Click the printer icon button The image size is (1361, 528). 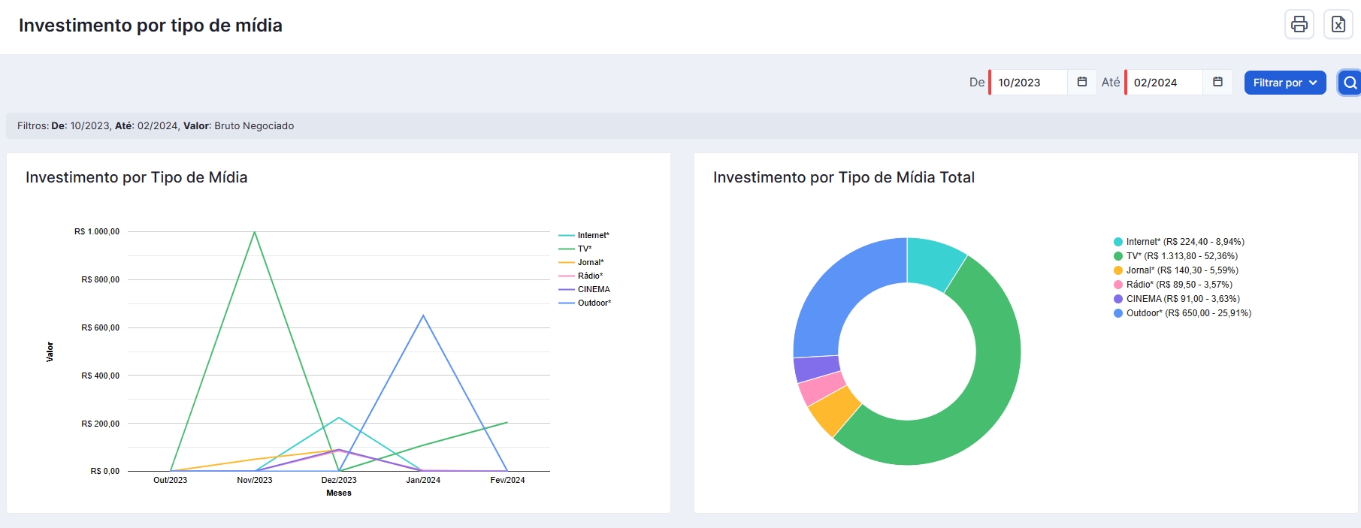pos(1299,24)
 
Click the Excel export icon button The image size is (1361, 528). pos(1338,24)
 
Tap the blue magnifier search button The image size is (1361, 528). pos(1350,83)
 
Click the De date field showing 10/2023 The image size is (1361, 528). pos(1028,83)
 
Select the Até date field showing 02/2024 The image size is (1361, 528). pos(1164,83)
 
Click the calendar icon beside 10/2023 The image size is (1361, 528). pos(1082,82)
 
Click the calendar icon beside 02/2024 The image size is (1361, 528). pos(1218,82)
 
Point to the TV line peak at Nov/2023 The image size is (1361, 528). pos(255,231)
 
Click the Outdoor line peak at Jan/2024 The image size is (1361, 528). pos(423,315)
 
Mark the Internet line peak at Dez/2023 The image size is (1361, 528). pos(339,418)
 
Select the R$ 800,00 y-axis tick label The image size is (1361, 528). pos(100,279)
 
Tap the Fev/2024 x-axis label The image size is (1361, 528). pos(507,480)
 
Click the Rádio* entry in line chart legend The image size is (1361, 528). pos(581,276)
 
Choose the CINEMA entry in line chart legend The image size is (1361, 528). pos(584,289)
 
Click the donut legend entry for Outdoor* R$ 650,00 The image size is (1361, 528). pos(1182,313)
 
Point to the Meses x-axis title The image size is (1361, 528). pos(339,493)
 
